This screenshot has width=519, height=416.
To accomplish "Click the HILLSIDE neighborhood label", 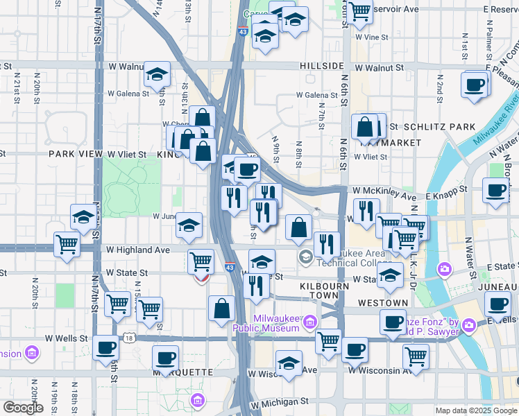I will coord(323,66).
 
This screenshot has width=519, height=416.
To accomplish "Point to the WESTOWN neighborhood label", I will coord(383,303).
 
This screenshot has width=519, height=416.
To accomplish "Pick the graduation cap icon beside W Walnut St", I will coord(158,74).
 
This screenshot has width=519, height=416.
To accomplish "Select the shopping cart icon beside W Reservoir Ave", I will coord(360,11).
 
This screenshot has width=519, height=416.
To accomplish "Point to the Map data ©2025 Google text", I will coord(475,410).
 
